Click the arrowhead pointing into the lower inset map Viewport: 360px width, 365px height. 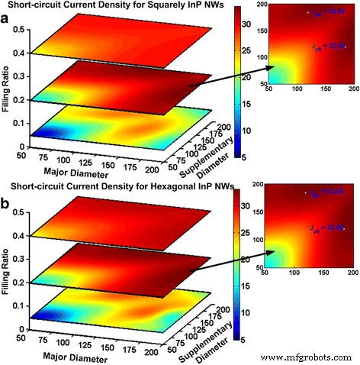pyautogui.click(x=268, y=246)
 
